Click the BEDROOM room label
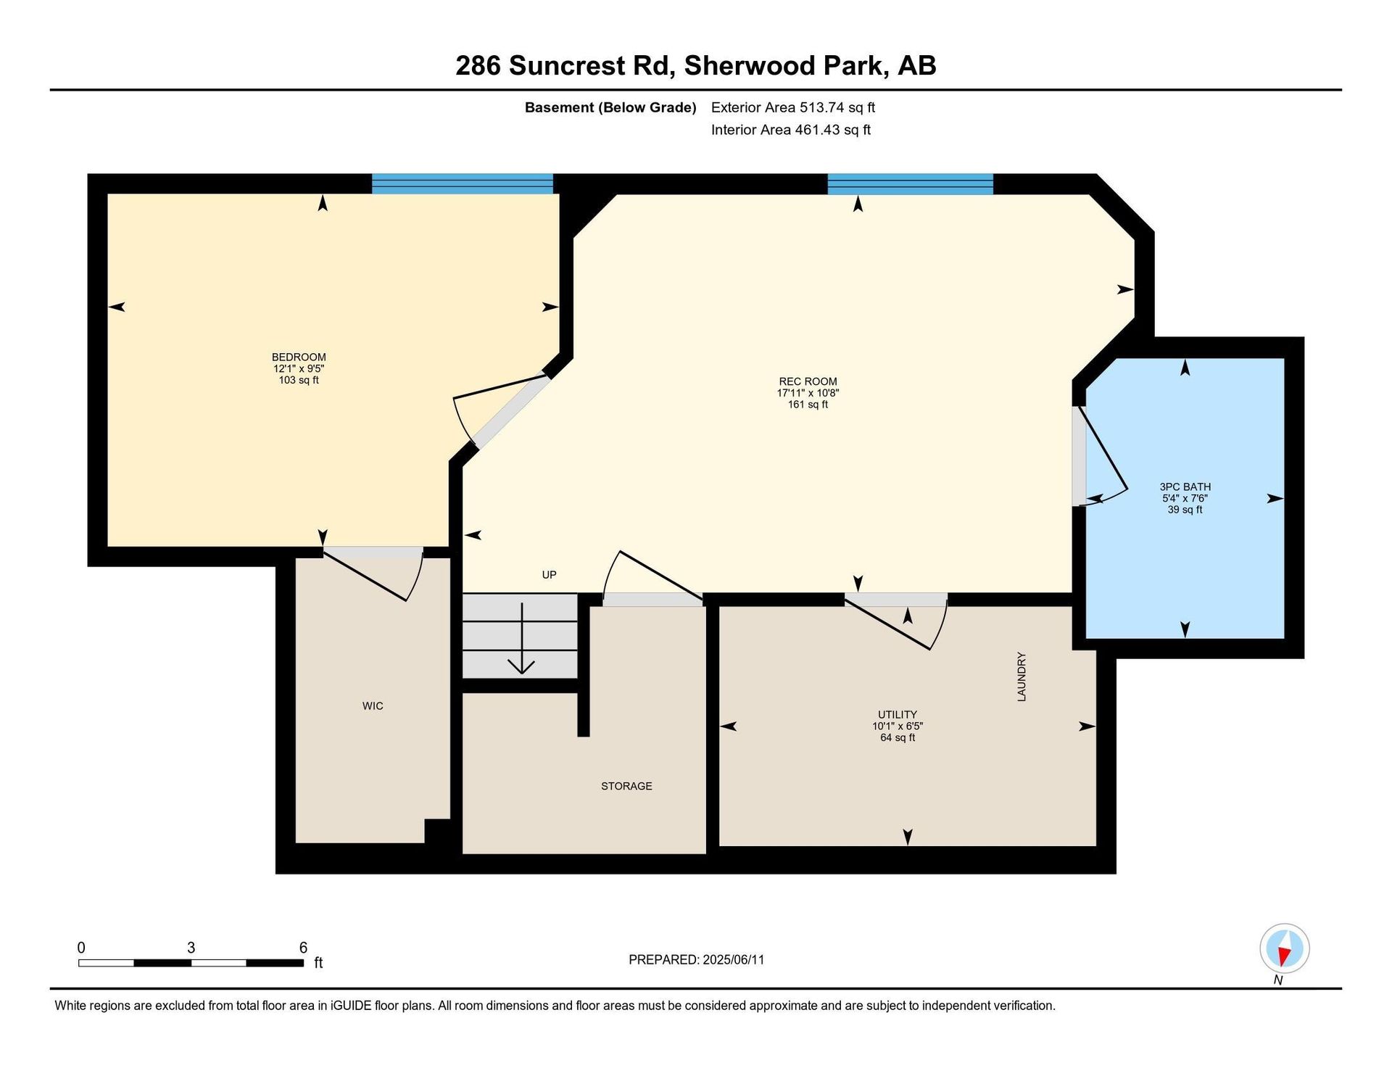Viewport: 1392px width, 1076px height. [299, 357]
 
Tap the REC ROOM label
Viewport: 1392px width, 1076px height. [808, 381]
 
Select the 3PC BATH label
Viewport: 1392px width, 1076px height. [1185, 487]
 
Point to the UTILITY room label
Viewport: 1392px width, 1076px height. [898, 715]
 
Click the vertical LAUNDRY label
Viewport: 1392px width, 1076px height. [1022, 676]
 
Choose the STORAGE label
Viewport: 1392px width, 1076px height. [626, 786]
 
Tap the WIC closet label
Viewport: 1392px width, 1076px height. [373, 706]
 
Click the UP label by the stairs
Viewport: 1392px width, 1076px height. [550, 575]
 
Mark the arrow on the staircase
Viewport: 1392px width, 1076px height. [521, 638]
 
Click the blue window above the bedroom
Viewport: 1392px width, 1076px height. [463, 183]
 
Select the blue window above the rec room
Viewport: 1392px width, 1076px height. [911, 184]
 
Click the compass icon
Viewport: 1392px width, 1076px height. [1284, 948]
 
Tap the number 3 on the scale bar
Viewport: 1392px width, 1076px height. [191, 948]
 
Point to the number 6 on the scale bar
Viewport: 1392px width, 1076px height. [303, 948]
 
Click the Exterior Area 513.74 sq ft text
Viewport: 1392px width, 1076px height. [793, 107]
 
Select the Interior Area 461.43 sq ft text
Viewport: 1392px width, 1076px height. [791, 130]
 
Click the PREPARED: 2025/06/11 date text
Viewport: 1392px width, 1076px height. [696, 960]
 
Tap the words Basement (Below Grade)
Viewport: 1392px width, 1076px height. [610, 108]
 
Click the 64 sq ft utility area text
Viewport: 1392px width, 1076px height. [898, 738]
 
